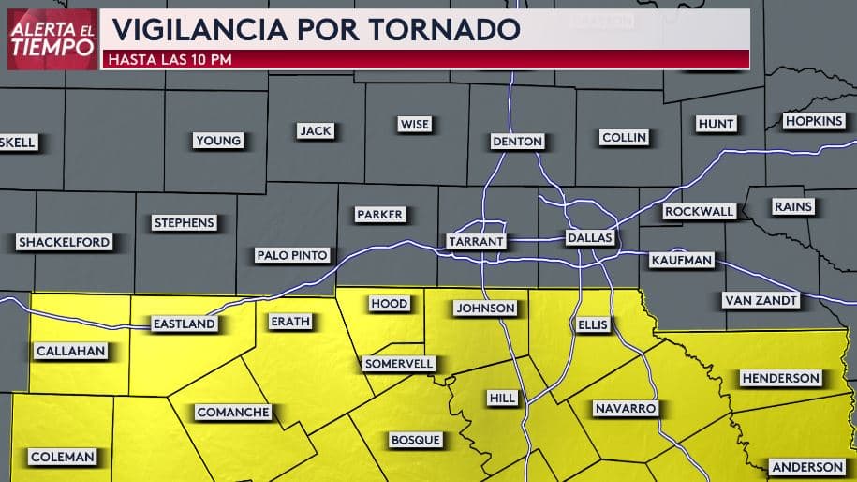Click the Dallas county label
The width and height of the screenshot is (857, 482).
590,238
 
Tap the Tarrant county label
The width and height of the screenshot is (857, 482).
476,241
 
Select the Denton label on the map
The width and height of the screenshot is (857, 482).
517,142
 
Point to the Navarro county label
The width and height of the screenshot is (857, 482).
625,409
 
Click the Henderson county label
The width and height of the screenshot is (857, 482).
780,379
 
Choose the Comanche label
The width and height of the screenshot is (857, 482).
233,412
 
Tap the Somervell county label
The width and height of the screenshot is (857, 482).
398,363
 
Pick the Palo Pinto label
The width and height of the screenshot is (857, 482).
292,255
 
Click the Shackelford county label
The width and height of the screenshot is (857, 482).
64,242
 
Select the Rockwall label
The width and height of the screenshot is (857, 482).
699,212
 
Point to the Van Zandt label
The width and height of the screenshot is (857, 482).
761,301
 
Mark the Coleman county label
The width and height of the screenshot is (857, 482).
63,457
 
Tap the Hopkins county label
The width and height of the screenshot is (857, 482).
814,122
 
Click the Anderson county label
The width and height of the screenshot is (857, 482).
807,467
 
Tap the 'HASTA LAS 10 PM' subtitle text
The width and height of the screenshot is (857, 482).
170,60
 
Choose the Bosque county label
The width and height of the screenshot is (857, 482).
413,440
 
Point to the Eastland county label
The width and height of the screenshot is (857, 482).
185,324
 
